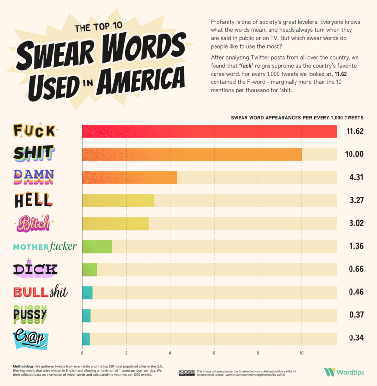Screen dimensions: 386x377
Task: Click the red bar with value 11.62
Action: pyautogui.click(x=209, y=131)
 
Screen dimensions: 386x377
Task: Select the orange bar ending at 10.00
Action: pyautogui.click(x=192, y=154)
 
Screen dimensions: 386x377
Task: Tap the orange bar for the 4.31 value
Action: pyautogui.click(x=130, y=178)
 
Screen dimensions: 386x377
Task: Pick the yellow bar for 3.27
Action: pyautogui.click(x=118, y=200)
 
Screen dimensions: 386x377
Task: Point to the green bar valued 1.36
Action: pyautogui.click(x=97, y=246)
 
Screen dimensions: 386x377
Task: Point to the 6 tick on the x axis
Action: pyautogui.click(x=214, y=353)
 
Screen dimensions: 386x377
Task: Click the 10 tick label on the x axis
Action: pyautogui.click(x=301, y=353)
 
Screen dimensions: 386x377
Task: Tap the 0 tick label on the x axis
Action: pyautogui.click(x=82, y=353)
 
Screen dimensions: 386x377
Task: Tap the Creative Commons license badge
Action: pyautogui.click(x=187, y=373)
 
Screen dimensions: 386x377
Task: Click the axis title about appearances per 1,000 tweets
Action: pyautogui.click(x=297, y=118)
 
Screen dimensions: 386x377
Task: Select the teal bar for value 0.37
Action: pyautogui.click(x=86, y=315)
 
